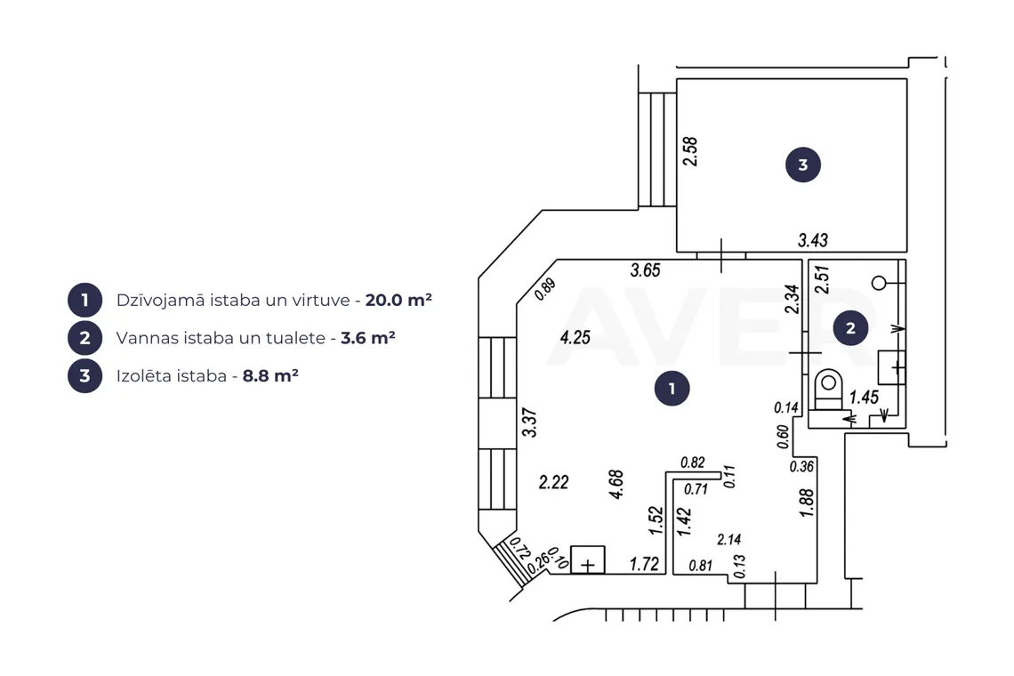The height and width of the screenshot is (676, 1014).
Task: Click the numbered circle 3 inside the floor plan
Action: coord(803,165)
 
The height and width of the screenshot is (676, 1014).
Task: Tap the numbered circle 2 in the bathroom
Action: coord(850,328)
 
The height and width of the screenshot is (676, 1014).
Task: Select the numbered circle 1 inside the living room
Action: coord(672,388)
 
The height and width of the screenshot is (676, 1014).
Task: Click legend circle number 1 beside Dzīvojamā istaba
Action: coord(84,300)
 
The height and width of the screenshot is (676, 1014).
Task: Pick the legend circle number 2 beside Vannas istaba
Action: coord(84,338)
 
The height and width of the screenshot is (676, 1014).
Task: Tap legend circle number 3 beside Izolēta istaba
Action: coord(84,376)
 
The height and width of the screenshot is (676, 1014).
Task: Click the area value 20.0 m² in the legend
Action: coord(398,300)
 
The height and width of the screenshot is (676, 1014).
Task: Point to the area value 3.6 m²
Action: coord(368,338)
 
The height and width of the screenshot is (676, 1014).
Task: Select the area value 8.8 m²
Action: coord(270,376)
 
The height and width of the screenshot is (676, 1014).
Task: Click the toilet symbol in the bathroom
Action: coord(828,391)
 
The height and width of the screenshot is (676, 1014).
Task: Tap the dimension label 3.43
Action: coord(813,241)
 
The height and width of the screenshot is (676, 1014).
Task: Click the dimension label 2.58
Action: coord(690,151)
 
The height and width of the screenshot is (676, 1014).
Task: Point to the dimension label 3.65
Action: coord(646,270)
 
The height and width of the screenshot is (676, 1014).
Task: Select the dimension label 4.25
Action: coord(575,338)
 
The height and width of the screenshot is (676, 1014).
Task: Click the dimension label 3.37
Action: coord(529,422)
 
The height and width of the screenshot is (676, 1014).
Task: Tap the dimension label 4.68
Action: coord(616,485)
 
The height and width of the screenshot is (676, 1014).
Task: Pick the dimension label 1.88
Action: coord(807,503)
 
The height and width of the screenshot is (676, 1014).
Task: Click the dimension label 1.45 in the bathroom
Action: coord(864,398)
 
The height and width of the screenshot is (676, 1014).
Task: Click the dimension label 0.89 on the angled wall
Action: coord(546,289)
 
